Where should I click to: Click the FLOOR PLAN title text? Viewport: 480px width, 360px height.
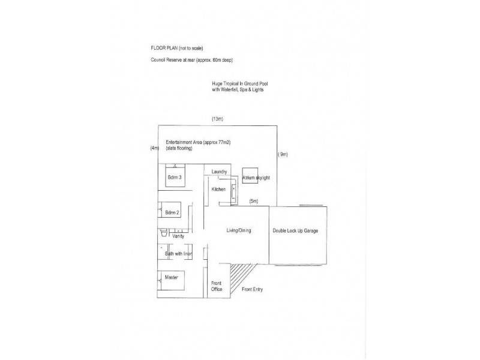pos(176,48)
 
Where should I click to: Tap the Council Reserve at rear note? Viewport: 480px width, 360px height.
pos(191,60)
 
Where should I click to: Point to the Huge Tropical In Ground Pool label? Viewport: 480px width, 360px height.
pos(240,86)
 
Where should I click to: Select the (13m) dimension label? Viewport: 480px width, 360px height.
pos(217,119)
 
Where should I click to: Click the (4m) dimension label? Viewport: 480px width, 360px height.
pos(155,148)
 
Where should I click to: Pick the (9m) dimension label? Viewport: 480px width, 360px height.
pos(283,154)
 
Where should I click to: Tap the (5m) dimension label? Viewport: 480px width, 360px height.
pos(254,201)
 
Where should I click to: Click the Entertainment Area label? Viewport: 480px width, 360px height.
pos(198,145)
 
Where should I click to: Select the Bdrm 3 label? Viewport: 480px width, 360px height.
pos(175,177)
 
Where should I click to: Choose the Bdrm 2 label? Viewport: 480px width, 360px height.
pos(172,212)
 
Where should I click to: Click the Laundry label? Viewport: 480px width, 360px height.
pos(219,172)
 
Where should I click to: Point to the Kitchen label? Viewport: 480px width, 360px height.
pos(218,189)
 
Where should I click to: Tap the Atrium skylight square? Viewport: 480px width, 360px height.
pos(250,176)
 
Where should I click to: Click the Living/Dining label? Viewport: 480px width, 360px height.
pos(239,230)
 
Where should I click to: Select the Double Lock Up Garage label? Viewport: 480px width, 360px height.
pos(295,230)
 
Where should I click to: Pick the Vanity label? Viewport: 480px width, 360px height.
pos(178,236)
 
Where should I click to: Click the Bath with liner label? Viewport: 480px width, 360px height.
pos(178,253)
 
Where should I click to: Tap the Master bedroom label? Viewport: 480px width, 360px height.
pos(172,277)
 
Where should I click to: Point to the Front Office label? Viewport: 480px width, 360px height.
pos(217,286)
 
